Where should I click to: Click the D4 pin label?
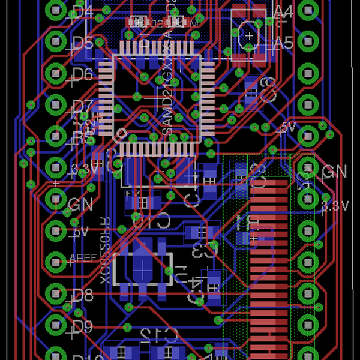82,10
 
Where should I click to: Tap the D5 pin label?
82,43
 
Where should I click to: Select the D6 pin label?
82,74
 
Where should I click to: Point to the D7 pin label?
82,106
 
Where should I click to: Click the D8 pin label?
82,295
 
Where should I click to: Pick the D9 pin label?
82,326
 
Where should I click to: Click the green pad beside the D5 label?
55,42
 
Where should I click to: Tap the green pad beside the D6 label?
55,73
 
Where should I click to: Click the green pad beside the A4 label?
308,10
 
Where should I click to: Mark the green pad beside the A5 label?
308,42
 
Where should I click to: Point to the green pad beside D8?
55,293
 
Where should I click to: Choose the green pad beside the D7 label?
55,105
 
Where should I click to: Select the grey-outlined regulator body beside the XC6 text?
143,268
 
